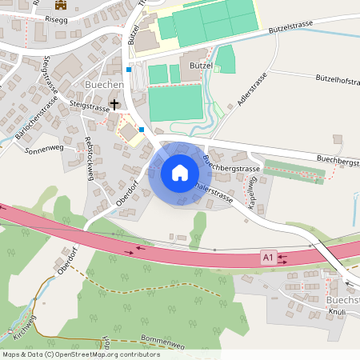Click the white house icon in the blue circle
pos(179,172)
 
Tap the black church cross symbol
pos(114,104)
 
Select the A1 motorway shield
pos(268,257)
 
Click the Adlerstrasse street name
pos(250,90)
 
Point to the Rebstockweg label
pos(90,157)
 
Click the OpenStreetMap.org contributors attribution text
pos(116,354)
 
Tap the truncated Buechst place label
pos(342,299)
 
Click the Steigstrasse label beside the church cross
pos(88,104)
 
